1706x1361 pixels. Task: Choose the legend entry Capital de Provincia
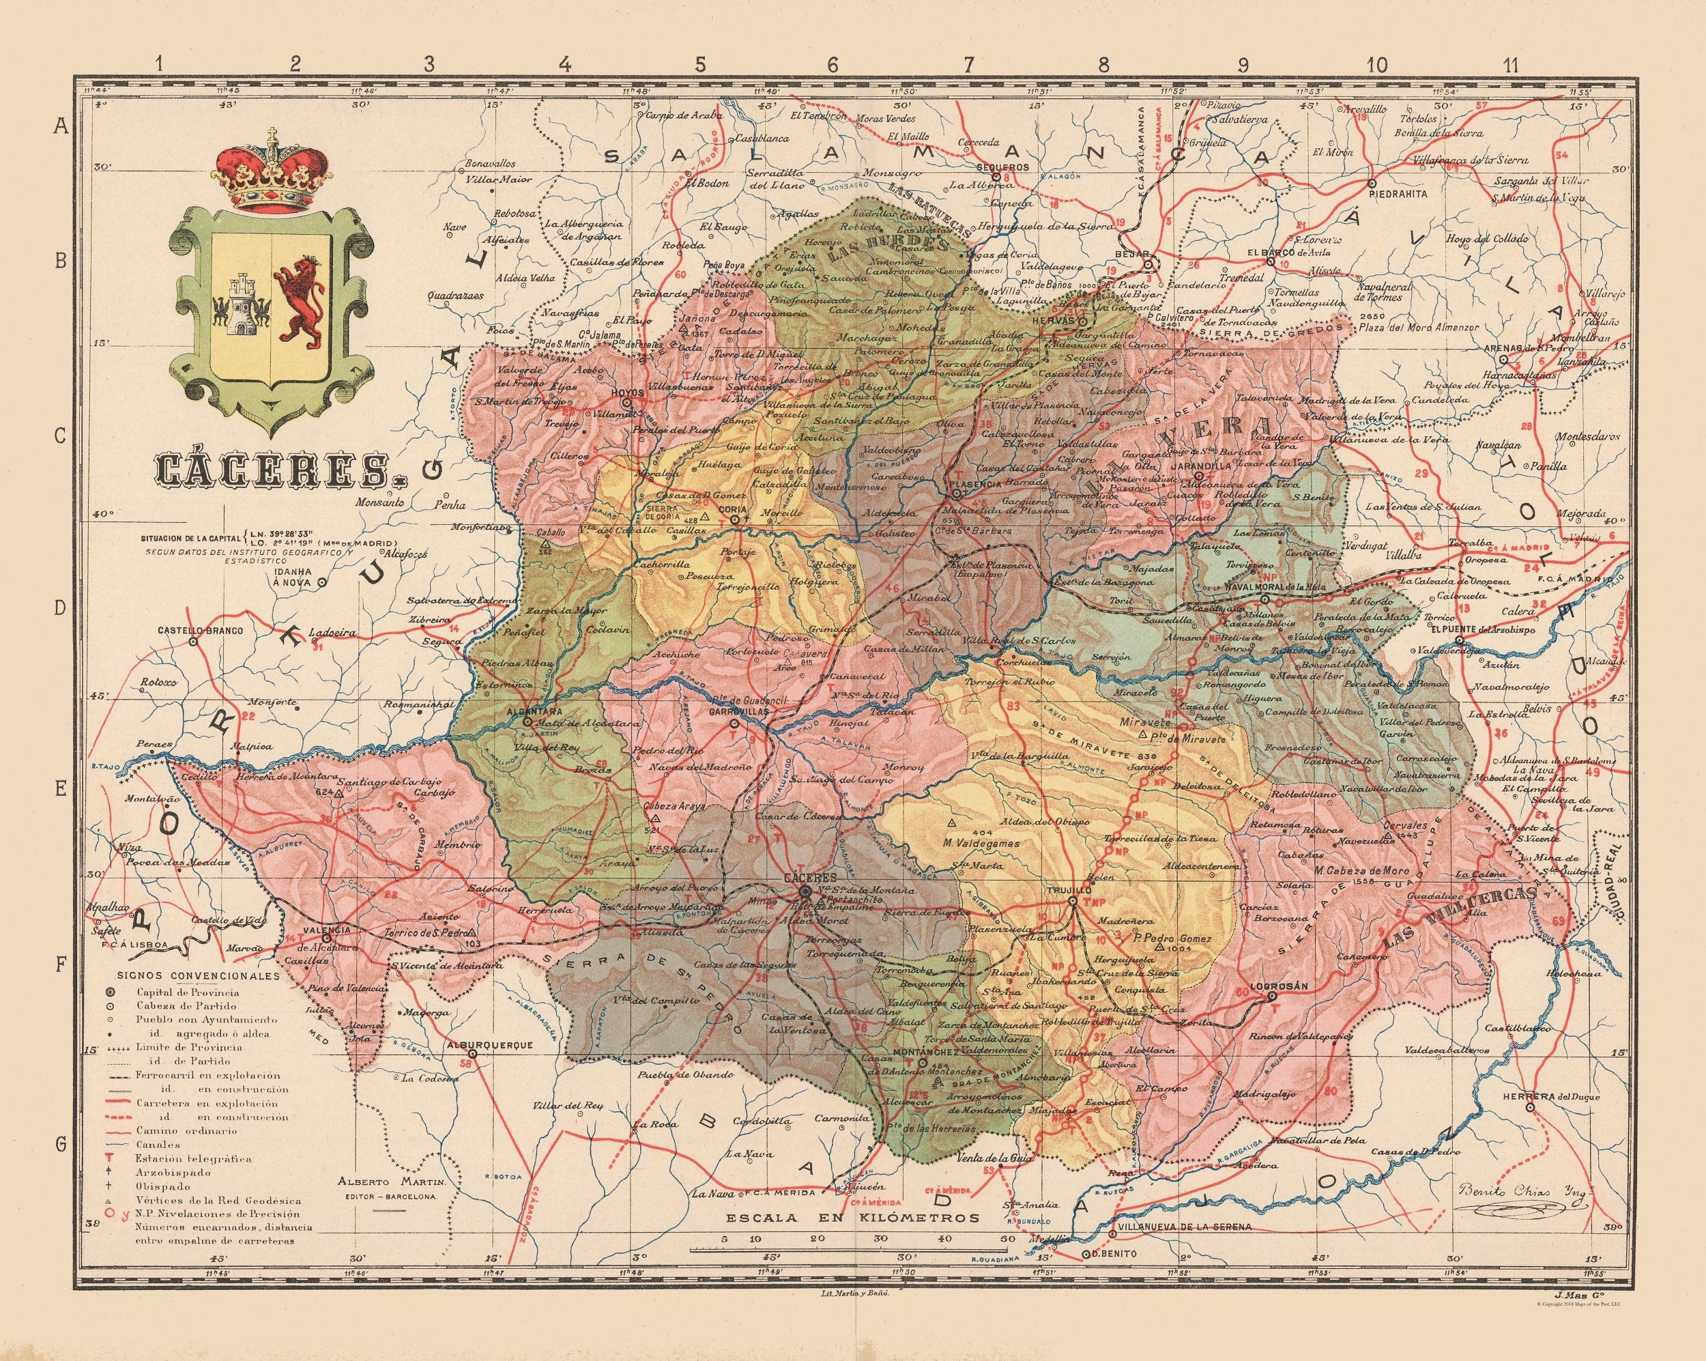[177, 992]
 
